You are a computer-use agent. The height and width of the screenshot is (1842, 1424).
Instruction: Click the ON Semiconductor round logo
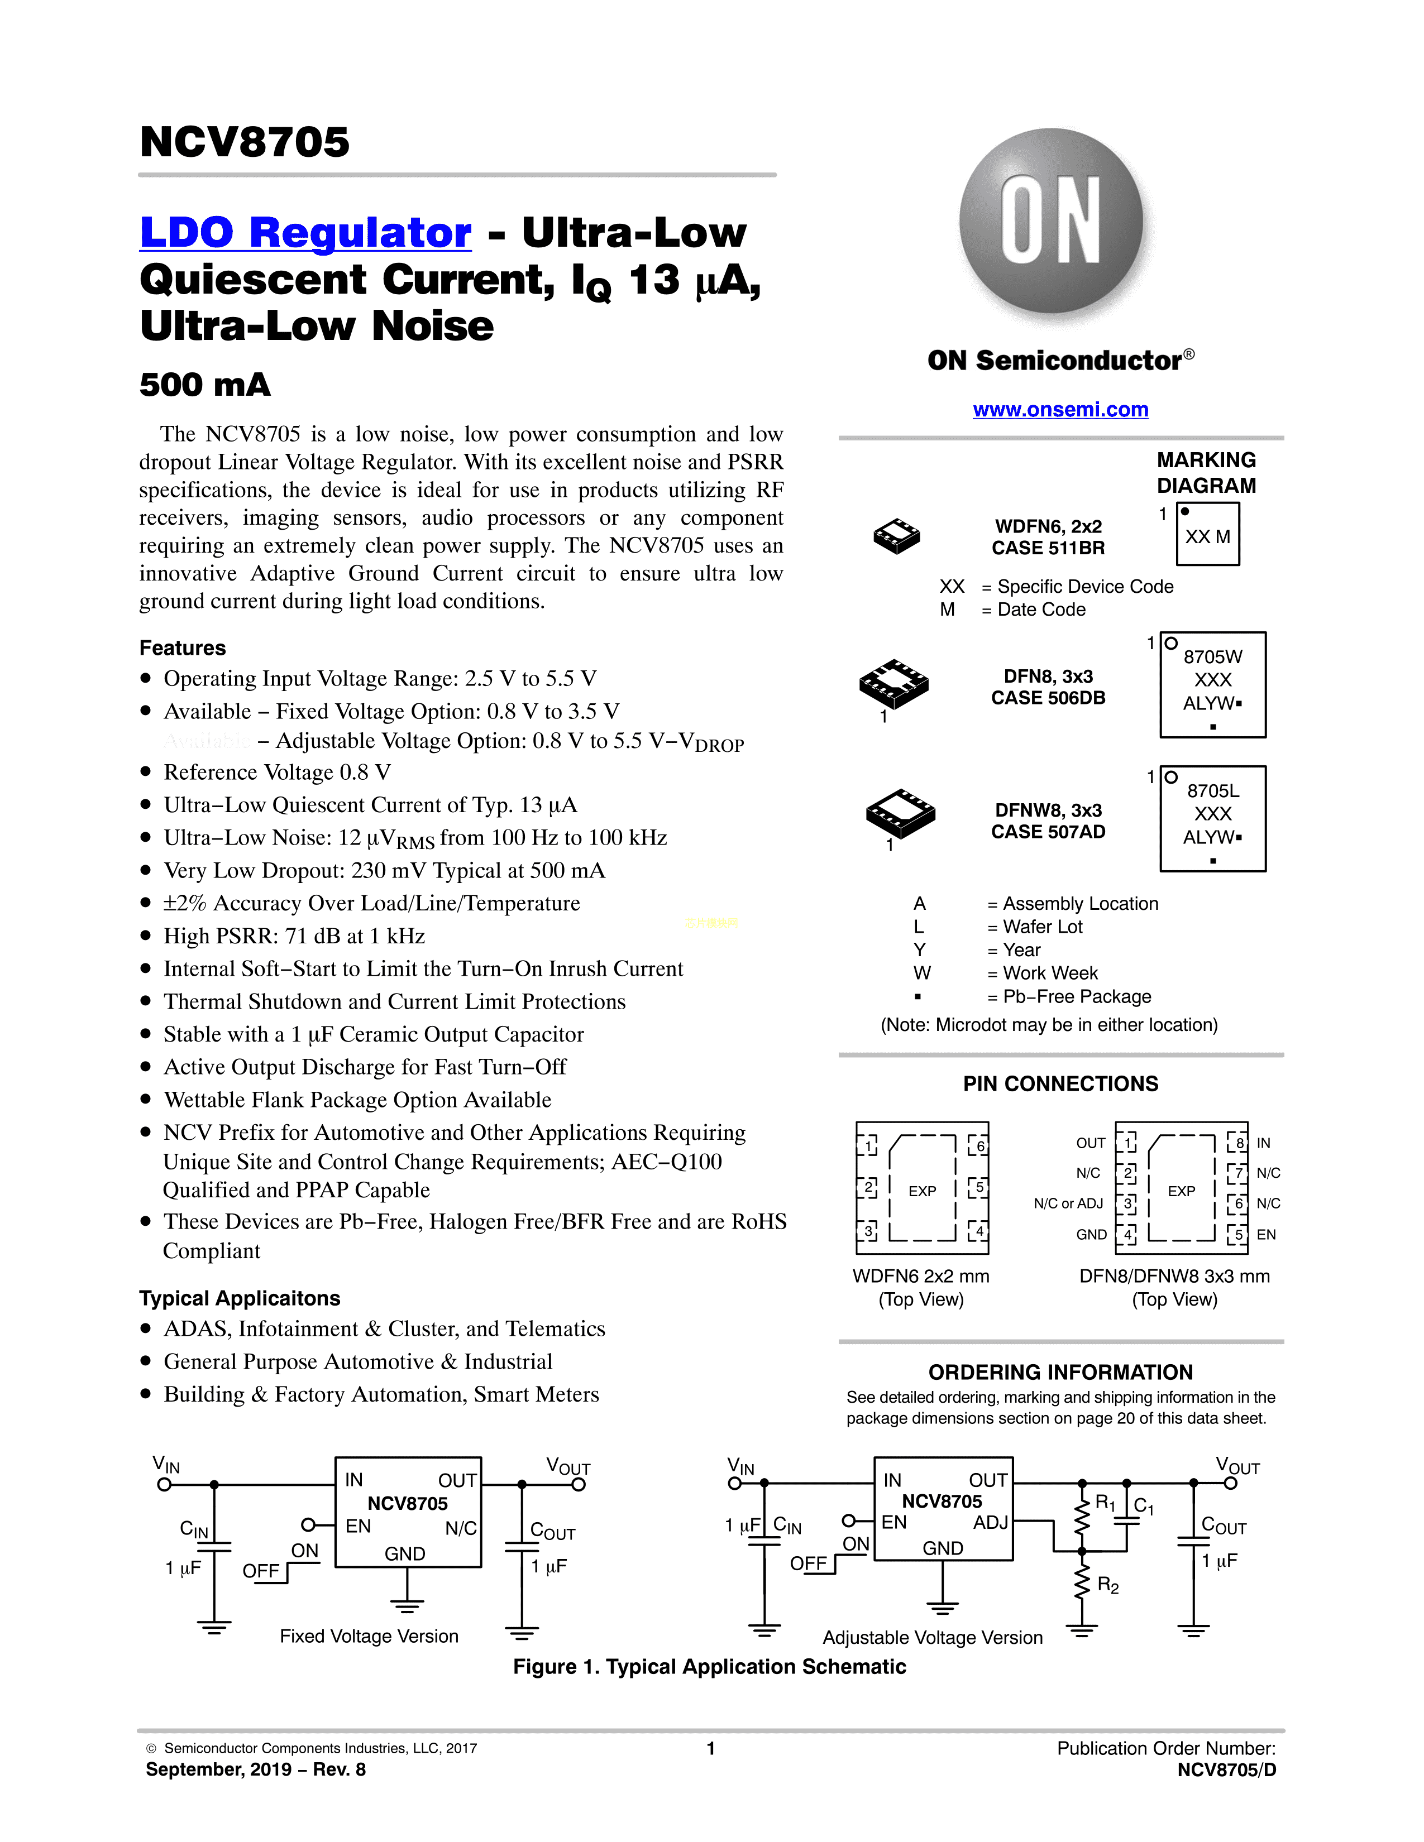click(x=1051, y=222)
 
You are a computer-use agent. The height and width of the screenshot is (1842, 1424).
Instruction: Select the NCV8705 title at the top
click(x=245, y=142)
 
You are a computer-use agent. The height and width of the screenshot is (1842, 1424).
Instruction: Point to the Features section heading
click(x=182, y=647)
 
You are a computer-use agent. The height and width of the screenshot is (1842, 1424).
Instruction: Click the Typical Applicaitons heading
click(x=240, y=1298)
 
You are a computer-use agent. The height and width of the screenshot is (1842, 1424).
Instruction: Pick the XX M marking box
click(x=1207, y=535)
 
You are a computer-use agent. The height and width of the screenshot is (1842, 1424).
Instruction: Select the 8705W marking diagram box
click(x=1212, y=685)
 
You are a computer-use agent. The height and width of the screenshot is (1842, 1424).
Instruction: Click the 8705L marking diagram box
click(x=1212, y=818)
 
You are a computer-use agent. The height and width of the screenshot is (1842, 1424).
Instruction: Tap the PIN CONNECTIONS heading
click(x=1060, y=1084)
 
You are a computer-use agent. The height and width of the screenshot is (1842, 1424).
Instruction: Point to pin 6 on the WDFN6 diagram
click(x=978, y=1145)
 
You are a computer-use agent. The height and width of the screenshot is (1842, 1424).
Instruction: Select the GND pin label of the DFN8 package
click(x=1091, y=1235)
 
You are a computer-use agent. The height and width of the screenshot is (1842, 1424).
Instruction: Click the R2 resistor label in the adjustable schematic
click(x=1108, y=1586)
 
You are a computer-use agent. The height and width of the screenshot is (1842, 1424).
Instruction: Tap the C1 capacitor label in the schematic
click(x=1144, y=1507)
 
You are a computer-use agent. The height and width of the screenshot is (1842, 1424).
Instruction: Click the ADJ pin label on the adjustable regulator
click(x=991, y=1522)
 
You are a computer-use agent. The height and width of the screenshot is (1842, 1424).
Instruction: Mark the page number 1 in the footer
click(x=710, y=1748)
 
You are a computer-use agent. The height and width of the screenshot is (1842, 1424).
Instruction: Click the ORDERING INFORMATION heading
click(x=1060, y=1372)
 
